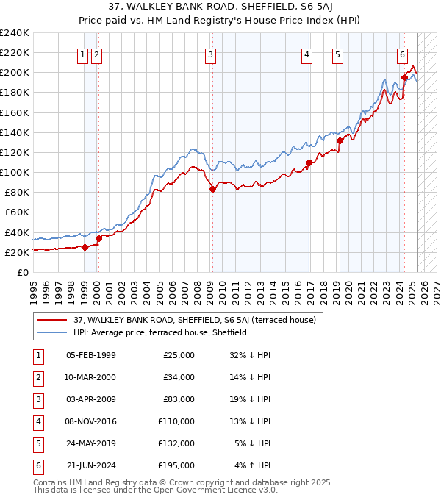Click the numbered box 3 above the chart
point(211,54)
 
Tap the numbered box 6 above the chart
point(403,54)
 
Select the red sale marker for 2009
point(212,189)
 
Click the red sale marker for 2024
point(404,77)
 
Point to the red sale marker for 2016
point(308,162)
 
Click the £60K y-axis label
point(16,213)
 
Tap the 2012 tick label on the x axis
point(248,290)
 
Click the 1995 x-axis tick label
point(33,290)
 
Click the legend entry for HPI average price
point(159,332)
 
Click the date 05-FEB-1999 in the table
point(90,355)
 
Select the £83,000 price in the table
point(179,399)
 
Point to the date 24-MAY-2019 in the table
point(90,443)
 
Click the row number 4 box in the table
point(36,421)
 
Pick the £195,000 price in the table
point(176,465)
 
